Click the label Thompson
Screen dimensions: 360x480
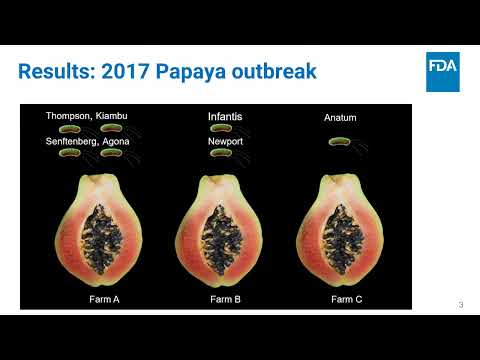pyautogui.click(x=68, y=116)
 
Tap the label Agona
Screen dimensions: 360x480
pyautogui.click(x=114, y=141)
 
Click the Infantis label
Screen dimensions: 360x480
pyautogui.click(x=225, y=117)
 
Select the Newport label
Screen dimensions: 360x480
pyautogui.click(x=225, y=141)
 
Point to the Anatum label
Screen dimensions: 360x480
pyautogui.click(x=340, y=118)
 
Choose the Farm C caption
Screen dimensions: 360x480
pyautogui.click(x=346, y=299)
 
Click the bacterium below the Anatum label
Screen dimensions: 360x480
pyautogui.click(x=341, y=142)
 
